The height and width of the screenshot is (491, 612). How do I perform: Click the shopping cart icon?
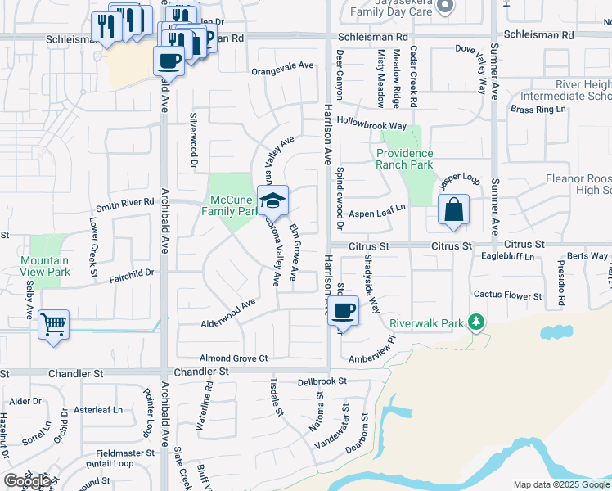53,325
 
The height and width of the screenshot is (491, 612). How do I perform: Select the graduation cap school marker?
273,200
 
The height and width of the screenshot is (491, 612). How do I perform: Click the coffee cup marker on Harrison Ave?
344,311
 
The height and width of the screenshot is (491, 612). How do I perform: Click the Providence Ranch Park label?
404,159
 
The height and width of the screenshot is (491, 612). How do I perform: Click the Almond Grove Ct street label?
234,358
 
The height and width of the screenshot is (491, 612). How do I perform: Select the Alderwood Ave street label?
228,313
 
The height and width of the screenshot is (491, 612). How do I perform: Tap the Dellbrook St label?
322,381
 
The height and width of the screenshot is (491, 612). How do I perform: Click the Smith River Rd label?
124,204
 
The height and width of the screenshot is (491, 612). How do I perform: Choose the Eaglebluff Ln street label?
506,257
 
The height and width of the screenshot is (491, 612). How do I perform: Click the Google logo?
26,481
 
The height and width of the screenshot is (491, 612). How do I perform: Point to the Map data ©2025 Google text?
561,484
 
